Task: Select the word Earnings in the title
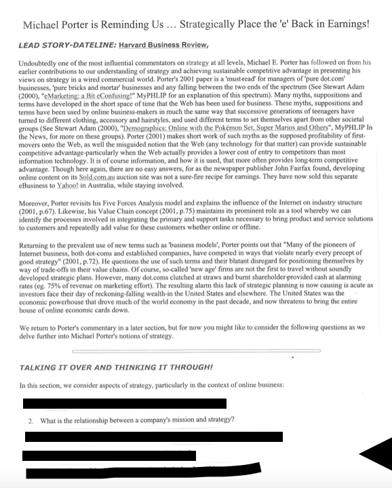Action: coord(345,24)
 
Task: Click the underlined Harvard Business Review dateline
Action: coord(163,45)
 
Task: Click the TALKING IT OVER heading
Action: coord(115,367)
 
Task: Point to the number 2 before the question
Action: coord(31,420)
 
